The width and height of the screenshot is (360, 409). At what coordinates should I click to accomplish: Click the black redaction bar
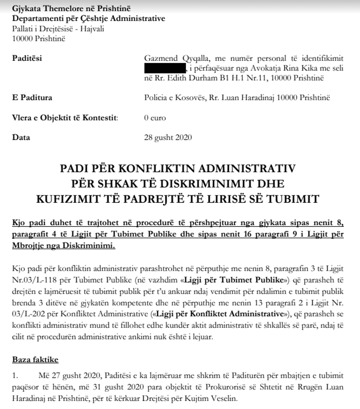click(x=165, y=68)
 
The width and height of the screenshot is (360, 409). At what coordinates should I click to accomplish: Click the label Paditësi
click(x=27, y=58)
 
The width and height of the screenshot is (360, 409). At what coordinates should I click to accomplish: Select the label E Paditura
click(x=32, y=98)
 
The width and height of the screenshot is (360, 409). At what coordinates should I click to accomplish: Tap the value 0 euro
click(x=155, y=118)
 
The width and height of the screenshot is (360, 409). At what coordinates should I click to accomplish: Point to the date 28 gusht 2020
click(x=168, y=138)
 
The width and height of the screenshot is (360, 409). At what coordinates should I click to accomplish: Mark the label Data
click(x=21, y=138)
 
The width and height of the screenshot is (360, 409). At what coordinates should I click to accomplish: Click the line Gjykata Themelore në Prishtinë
click(x=71, y=8)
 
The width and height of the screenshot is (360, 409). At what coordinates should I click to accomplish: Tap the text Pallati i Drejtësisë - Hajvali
click(x=58, y=29)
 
